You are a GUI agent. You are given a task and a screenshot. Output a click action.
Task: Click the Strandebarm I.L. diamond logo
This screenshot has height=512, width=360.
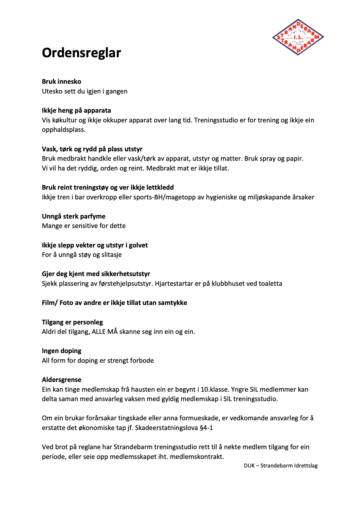[298, 37]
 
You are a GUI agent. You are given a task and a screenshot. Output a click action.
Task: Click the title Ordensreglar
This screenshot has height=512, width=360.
[81, 53]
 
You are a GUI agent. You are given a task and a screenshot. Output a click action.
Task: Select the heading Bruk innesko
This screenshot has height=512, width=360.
[61, 82]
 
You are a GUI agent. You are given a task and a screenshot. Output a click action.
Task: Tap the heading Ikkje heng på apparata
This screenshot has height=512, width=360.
[76, 111]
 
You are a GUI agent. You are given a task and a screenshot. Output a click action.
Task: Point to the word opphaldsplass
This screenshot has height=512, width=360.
[63, 130]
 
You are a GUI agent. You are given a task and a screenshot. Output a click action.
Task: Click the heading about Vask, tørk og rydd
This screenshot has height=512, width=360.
[92, 149]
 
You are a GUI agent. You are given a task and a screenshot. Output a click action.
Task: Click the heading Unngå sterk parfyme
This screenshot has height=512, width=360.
[73, 216]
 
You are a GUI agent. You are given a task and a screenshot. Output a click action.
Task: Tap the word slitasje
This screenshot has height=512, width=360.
[112, 255]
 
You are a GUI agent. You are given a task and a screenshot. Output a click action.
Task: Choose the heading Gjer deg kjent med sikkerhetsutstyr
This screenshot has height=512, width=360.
[96, 274]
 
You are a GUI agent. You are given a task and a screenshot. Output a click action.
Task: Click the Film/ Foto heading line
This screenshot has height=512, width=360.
[114, 303]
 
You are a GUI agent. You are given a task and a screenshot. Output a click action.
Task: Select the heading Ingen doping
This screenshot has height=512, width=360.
[61, 351]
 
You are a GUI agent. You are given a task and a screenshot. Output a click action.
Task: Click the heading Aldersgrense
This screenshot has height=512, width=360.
[61, 380]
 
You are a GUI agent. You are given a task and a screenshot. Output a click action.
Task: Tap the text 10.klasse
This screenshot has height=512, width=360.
[215, 390]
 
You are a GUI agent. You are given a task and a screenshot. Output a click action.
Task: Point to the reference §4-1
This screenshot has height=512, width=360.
[206, 428]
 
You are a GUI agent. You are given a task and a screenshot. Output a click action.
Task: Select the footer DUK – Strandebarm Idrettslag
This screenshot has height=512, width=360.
[281, 466]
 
